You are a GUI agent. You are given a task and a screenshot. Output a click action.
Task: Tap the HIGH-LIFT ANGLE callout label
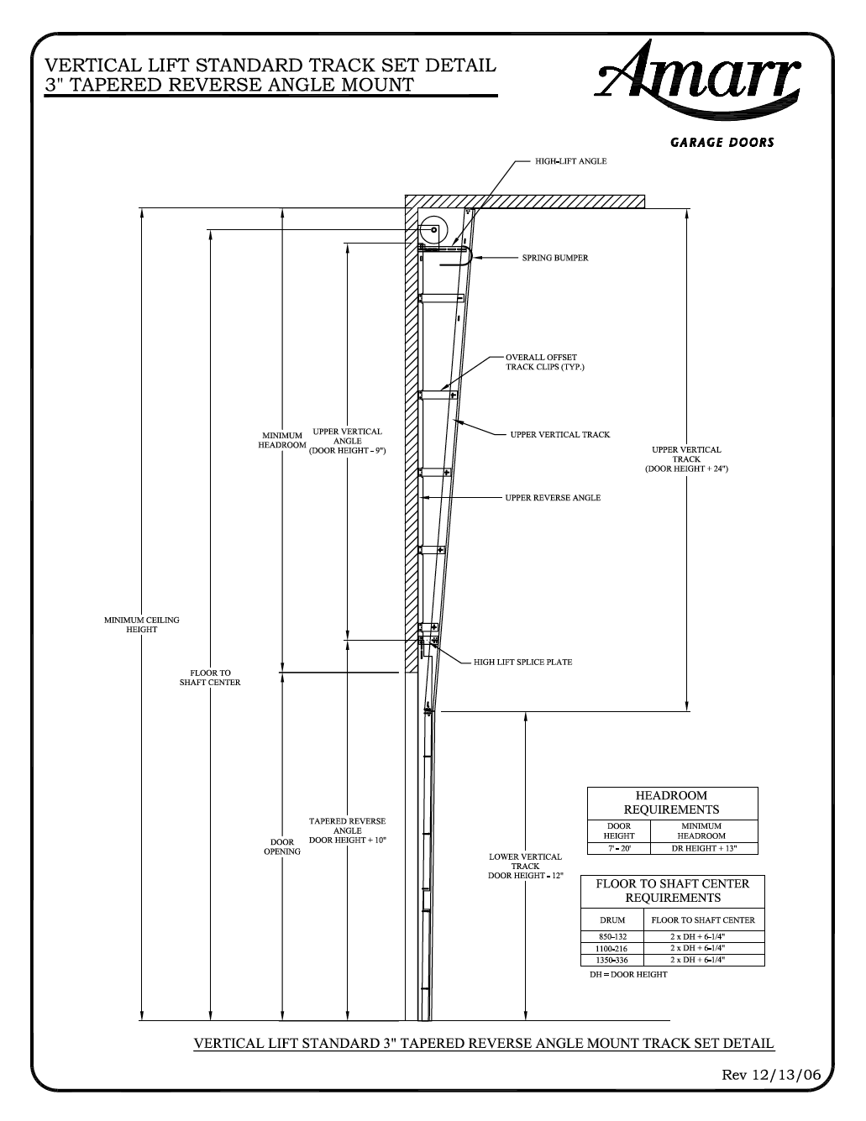(x=570, y=161)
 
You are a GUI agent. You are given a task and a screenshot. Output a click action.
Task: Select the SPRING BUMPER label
(x=555, y=258)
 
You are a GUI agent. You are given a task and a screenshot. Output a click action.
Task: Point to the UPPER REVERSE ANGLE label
(x=553, y=498)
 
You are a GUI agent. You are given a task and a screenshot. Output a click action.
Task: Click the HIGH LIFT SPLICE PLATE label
(x=522, y=662)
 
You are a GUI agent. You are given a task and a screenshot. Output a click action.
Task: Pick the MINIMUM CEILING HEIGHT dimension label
(x=141, y=625)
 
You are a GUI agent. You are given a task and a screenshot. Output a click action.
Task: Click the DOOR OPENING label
(x=282, y=846)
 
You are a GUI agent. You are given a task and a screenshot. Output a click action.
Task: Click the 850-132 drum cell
(x=611, y=935)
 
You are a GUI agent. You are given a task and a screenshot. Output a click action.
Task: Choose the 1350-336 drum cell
(x=611, y=960)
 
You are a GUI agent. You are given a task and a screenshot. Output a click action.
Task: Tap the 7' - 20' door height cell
(x=619, y=848)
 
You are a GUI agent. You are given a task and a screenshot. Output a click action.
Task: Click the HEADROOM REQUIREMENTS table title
(x=671, y=802)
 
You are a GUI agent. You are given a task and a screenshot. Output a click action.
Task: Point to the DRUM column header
(x=612, y=919)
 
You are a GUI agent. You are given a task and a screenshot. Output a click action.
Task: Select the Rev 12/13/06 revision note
(x=770, y=1075)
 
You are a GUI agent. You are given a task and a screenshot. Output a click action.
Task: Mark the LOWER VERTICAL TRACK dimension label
(x=525, y=866)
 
